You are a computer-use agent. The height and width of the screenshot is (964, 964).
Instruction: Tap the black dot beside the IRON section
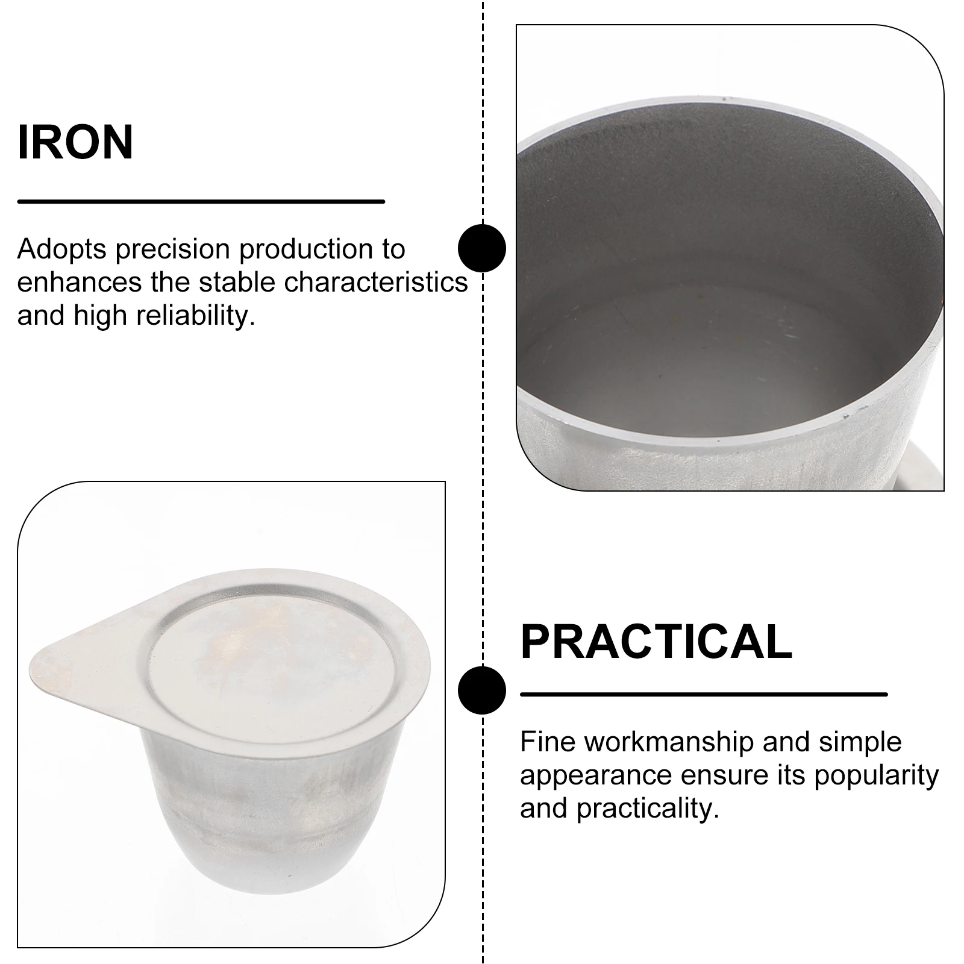point(482,248)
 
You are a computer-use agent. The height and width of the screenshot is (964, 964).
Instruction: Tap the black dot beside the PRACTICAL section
point(482,690)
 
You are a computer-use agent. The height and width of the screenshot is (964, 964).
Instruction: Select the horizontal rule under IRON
point(201,201)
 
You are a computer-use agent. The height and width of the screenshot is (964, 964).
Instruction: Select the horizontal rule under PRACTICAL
point(703,694)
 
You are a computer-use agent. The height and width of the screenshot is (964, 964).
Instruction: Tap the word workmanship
point(669,742)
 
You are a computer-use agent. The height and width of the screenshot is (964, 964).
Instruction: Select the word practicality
point(648,809)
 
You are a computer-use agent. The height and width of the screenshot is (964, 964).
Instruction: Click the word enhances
point(79,282)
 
